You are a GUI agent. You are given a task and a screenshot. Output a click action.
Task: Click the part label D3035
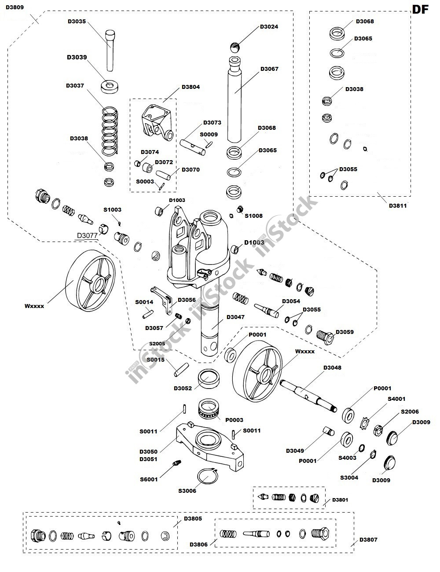point(77,21)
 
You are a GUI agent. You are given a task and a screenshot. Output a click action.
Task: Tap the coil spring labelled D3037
point(110,132)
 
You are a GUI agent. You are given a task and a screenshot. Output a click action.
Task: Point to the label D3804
point(191,87)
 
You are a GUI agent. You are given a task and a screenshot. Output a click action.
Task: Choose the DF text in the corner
point(420,10)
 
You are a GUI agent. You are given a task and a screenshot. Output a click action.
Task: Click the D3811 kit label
point(398,205)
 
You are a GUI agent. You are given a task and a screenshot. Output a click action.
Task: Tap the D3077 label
point(88,235)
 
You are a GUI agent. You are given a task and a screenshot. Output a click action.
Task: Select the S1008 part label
point(253,216)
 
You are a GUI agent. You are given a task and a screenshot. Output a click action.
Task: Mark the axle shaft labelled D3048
point(308,392)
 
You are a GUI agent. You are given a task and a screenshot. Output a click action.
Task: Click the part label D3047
point(235,317)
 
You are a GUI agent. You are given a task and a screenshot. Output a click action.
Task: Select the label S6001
point(149,480)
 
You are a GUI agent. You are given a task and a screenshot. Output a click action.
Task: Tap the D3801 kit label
point(340,500)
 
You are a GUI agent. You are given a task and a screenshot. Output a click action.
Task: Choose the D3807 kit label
point(368,539)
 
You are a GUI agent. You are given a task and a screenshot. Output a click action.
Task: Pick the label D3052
point(183,388)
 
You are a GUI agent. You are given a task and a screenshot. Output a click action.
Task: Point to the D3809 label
point(15,7)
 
